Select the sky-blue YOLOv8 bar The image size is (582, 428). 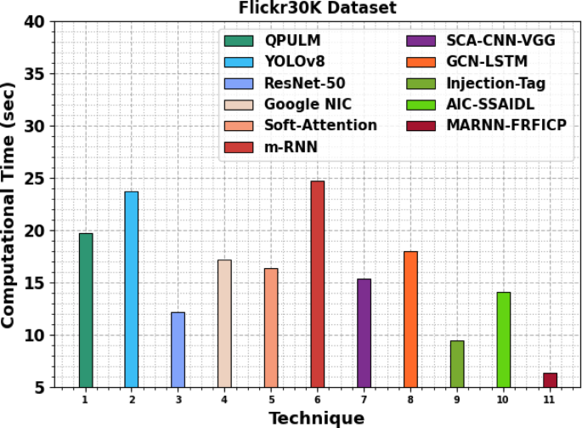[x=132, y=289]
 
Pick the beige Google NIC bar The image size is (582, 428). [x=224, y=323]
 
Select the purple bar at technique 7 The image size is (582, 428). [x=364, y=333]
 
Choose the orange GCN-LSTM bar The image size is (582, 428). [x=410, y=319]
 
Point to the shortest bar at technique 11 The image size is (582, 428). [x=550, y=380]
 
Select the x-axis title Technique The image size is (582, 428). [x=316, y=418]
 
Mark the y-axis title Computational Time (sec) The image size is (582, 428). [x=10, y=204]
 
